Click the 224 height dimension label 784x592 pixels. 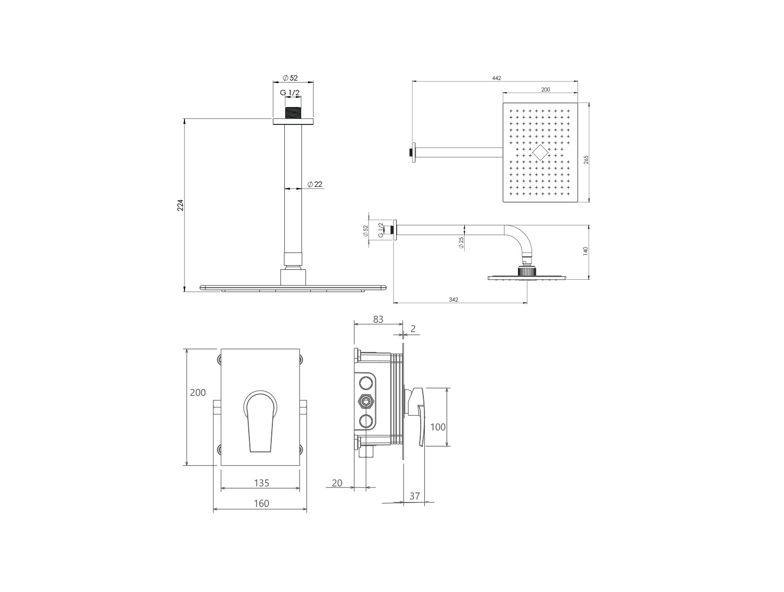pyautogui.click(x=180, y=205)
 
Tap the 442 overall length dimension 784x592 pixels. pyautogui.click(x=497, y=78)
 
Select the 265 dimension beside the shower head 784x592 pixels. pyautogui.click(x=586, y=160)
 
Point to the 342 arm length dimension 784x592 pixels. pyautogui.click(x=453, y=300)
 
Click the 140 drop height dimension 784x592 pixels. pyautogui.click(x=585, y=251)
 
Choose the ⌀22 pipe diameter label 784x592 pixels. pyautogui.click(x=315, y=185)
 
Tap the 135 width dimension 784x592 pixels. pyautogui.click(x=261, y=483)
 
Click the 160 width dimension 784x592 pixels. pyautogui.click(x=261, y=504)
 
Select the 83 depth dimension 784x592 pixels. pyautogui.click(x=378, y=320)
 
